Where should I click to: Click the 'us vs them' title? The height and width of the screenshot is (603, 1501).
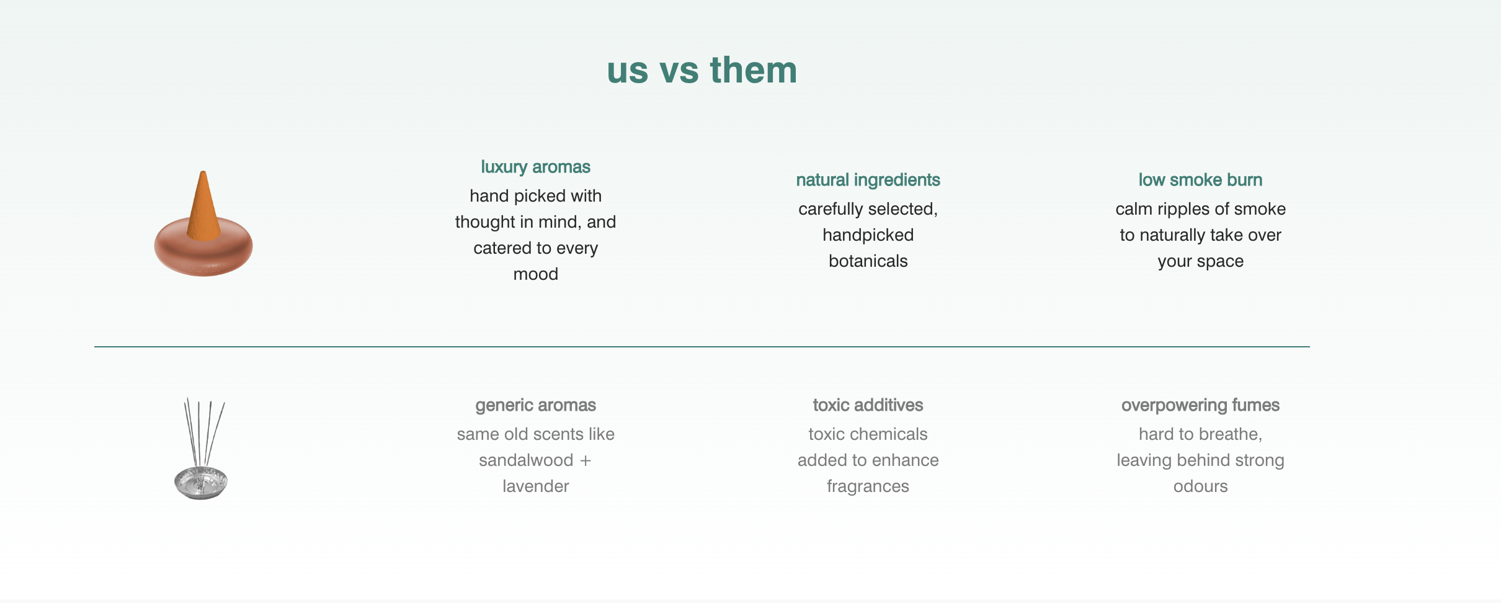[702, 69]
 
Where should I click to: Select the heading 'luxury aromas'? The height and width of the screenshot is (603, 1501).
[535, 167]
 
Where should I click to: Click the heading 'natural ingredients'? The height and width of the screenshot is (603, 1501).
[868, 180]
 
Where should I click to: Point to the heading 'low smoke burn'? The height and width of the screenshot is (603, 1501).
[1200, 180]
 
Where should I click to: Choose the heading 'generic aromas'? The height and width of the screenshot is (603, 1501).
[535, 405]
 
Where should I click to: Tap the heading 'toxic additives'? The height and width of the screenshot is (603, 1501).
[868, 405]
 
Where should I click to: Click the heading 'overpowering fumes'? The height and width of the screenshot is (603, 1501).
[1200, 405]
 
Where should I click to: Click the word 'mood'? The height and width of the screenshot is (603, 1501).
[535, 274]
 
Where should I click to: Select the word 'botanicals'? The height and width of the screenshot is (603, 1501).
[868, 261]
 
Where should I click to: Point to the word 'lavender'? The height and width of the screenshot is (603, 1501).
[535, 486]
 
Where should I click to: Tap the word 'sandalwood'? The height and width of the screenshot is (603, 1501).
[526, 460]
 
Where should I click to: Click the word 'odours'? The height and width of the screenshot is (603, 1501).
[1200, 486]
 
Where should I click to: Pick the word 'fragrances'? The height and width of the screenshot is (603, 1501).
[868, 486]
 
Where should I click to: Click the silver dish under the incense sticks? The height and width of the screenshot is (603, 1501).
[201, 483]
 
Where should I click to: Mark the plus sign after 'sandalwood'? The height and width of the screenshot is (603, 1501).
[586, 461]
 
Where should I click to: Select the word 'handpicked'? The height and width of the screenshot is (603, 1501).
[868, 235]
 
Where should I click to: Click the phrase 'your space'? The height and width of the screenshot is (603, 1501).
[1200, 261]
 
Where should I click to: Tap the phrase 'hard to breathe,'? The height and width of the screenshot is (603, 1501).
[1200, 434]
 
